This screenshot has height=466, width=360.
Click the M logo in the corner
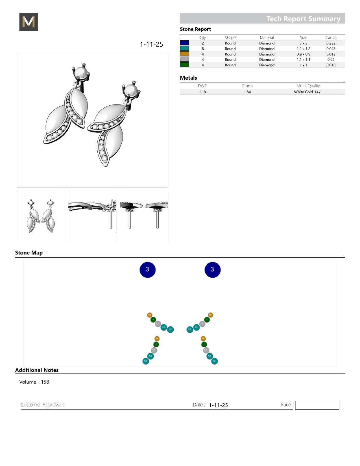click(x=29, y=22)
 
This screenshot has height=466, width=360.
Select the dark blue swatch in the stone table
click(x=184, y=43)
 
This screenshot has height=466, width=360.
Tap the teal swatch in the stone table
click(x=184, y=48)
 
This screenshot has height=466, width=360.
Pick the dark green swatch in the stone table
click(x=184, y=65)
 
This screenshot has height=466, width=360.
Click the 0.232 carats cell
click(x=331, y=43)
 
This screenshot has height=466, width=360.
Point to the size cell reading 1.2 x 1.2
click(x=303, y=49)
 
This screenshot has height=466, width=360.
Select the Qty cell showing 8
click(x=203, y=49)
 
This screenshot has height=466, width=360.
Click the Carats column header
click(x=331, y=38)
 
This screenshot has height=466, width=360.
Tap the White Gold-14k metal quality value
click(x=307, y=92)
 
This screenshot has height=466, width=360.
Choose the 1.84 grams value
click(x=247, y=92)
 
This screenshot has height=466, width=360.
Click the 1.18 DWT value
click(x=202, y=92)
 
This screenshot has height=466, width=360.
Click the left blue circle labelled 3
click(x=147, y=270)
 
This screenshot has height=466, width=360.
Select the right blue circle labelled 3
click(x=212, y=270)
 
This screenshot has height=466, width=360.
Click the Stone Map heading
click(x=29, y=253)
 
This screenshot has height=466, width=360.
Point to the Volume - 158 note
click(x=34, y=382)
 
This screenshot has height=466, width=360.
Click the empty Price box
click(x=317, y=405)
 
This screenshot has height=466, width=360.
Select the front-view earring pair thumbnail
click(x=41, y=216)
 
